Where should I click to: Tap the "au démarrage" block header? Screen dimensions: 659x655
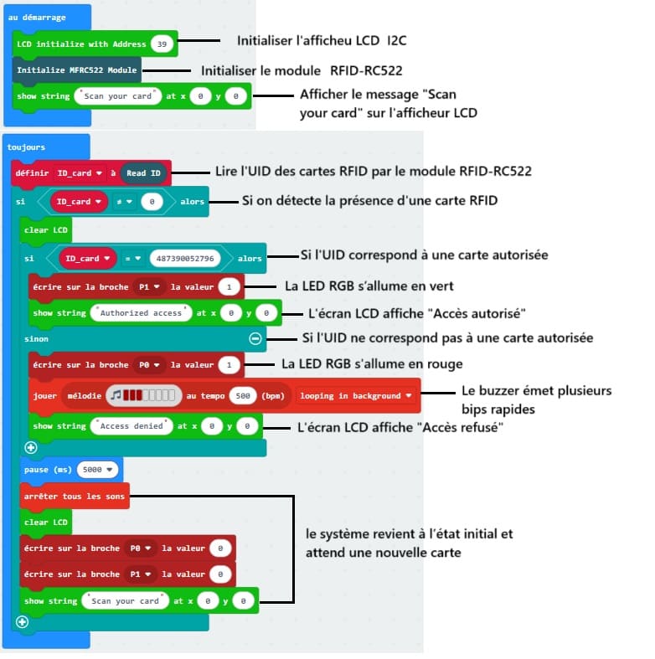pos(37,18)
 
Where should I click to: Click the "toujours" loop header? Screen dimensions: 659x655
pos(28,147)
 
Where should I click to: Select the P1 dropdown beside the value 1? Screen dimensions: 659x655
pos(149,287)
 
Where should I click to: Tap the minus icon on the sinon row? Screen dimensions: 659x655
pos(255,339)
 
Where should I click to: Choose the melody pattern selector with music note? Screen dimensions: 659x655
pos(145,395)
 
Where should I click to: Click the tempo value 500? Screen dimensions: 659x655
pos(242,396)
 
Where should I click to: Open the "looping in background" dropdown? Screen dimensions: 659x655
pos(356,396)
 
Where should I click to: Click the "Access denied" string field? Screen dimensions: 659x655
pos(131,426)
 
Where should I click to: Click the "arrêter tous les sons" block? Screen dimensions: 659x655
pos(75,496)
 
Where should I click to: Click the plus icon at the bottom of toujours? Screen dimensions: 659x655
pos(22,621)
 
